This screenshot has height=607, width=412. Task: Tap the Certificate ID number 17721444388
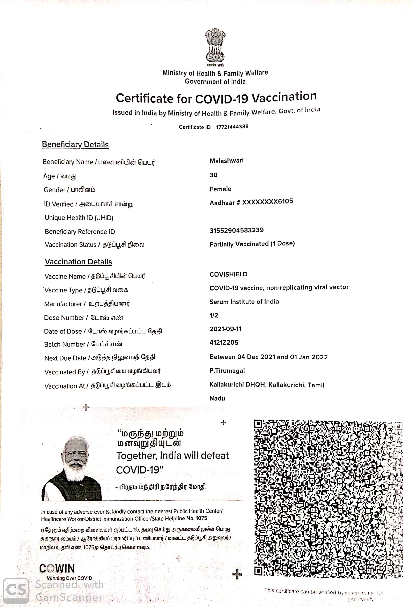(232, 127)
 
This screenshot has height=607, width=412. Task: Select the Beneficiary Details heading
(75, 144)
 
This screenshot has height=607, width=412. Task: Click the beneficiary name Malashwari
(226, 161)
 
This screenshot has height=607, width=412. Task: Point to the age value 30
(213, 175)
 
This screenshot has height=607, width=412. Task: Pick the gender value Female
(220, 189)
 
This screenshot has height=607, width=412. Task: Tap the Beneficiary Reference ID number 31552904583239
(236, 230)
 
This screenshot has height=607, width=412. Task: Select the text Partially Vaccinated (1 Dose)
(252, 244)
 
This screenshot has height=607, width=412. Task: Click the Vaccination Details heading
(78, 262)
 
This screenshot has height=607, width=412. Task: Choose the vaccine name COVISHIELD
(228, 274)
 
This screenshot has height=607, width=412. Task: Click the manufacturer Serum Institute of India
(244, 302)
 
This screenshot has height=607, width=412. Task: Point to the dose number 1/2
(214, 315)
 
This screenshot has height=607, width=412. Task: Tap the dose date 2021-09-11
(225, 329)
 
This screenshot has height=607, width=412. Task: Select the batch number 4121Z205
(224, 342)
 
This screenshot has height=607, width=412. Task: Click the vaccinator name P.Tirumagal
(227, 371)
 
